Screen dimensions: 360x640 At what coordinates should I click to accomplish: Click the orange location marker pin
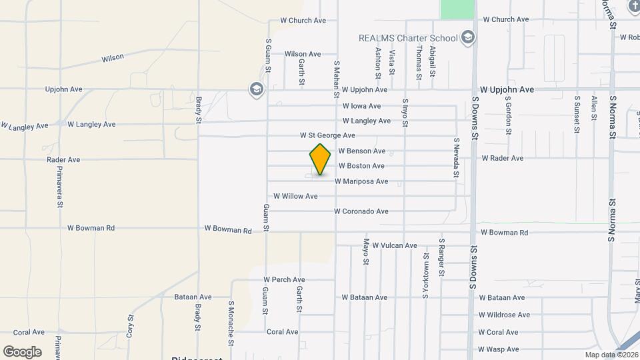tap(321, 159)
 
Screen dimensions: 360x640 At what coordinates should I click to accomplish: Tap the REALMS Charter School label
tap(408, 38)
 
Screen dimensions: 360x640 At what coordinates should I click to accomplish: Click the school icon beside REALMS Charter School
tap(468, 37)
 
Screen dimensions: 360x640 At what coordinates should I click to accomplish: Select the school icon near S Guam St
tap(255, 89)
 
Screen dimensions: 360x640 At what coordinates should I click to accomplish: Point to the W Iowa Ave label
tap(361, 106)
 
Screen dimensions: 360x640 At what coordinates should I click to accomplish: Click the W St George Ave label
tap(327, 135)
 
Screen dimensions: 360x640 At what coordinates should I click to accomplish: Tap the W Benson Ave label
tap(362, 151)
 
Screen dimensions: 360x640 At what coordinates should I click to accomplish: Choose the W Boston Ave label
tap(361, 166)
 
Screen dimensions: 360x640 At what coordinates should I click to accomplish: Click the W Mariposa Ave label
tap(361, 181)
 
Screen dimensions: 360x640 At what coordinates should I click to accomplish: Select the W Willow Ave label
tap(295, 197)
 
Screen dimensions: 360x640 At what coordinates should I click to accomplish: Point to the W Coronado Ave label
tap(361, 212)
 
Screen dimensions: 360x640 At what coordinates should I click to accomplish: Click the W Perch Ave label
tap(284, 280)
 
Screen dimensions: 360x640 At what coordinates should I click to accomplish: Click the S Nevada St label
tap(457, 159)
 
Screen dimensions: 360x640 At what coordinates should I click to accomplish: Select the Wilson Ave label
tap(303, 54)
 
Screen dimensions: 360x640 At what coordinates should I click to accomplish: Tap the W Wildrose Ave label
tap(504, 315)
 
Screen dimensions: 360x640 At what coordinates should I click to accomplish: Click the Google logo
tap(22, 351)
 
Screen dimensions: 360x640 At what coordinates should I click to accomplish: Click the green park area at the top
tap(457, 9)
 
